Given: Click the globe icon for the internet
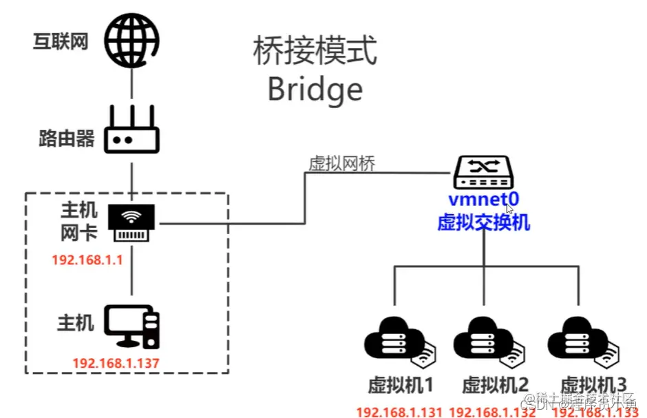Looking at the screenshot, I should point(131,40).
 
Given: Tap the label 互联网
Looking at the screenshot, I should point(61,41).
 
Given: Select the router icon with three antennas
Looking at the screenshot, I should point(131,133).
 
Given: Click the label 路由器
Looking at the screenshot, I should point(66,139).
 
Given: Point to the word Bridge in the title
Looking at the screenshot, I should point(315,89).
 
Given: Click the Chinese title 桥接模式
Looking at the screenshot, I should point(315,52).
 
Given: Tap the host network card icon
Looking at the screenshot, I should point(131,222).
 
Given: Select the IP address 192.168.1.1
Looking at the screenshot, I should point(87,260).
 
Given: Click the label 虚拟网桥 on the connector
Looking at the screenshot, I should point(342,163).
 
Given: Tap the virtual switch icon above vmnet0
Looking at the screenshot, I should point(483,173).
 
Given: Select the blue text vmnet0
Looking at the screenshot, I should point(483,200).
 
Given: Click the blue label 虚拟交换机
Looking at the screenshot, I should point(483,222).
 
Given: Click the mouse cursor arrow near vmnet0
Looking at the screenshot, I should point(509,208).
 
